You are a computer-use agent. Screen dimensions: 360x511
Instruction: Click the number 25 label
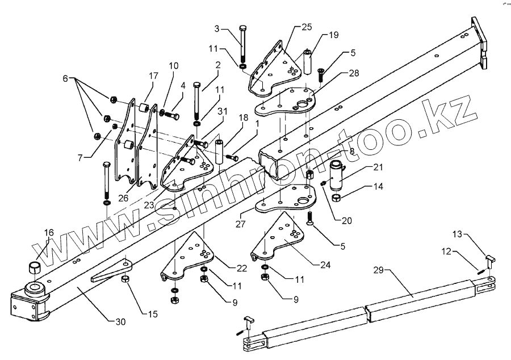coord(307,27)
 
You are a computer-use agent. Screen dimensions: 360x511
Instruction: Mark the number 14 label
coord(379,186)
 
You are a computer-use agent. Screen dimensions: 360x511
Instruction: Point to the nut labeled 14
coord(336,198)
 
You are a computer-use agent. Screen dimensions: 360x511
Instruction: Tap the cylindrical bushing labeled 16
coord(35,268)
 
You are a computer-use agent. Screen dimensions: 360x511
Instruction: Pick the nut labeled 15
coord(125,279)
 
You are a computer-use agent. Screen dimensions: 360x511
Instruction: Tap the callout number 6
coord(65,77)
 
